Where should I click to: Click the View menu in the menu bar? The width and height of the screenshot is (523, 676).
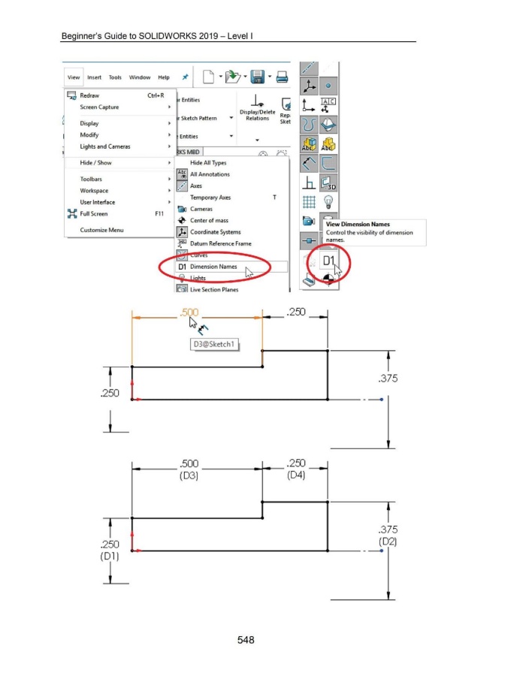pyautogui.click(x=73, y=77)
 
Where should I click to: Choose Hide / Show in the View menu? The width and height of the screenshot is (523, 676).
pyautogui.click(x=96, y=162)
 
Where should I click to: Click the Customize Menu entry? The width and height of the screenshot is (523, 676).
pyautogui.click(x=101, y=230)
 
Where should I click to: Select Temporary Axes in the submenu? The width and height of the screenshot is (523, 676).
pyautogui.click(x=210, y=198)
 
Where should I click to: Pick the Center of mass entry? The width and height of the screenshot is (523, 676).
pyautogui.click(x=211, y=221)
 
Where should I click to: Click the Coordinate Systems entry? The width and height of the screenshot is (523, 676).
pyautogui.click(x=215, y=232)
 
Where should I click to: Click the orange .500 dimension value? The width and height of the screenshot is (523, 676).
pyautogui.click(x=189, y=312)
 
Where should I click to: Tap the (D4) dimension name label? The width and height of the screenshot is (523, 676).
pyautogui.click(x=297, y=475)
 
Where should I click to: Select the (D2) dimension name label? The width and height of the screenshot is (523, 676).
pyautogui.click(x=388, y=541)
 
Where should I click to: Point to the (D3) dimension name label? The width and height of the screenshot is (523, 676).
pyautogui.click(x=188, y=475)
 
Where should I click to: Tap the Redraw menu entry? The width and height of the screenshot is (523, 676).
pyautogui.click(x=89, y=95)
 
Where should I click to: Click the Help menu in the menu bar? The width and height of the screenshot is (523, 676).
pyautogui.click(x=163, y=77)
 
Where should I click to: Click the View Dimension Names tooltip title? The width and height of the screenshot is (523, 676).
pyautogui.click(x=358, y=224)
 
